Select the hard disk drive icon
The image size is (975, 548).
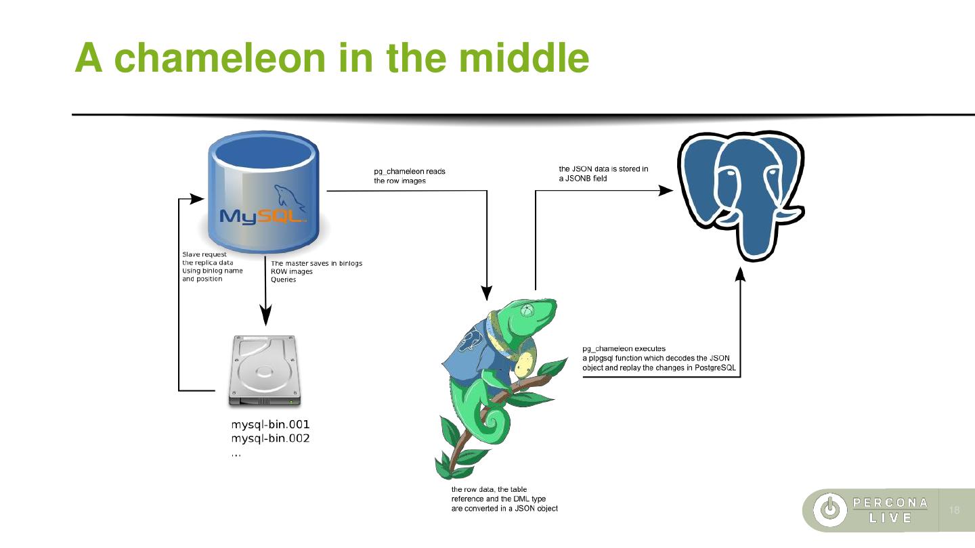pos(265,371)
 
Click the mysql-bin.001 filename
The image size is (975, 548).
pos(271,425)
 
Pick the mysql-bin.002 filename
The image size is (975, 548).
pos(271,439)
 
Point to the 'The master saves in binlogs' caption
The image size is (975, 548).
pos(317,271)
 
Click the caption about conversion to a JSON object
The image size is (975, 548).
pos(504,499)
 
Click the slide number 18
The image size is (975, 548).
pos(955,510)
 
